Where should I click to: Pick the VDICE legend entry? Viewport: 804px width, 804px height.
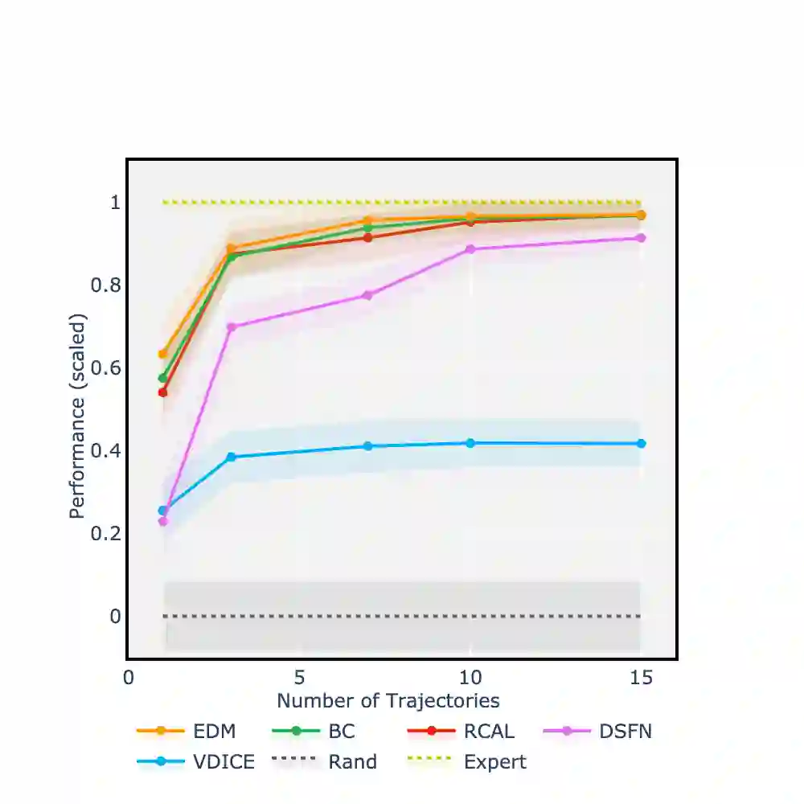pyautogui.click(x=197, y=761)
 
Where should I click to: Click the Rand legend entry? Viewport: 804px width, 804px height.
pyautogui.click(x=326, y=761)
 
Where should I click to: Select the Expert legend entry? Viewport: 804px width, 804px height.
pyautogui.click(x=469, y=761)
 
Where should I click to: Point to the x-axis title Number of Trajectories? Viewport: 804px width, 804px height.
pyautogui.click(x=388, y=700)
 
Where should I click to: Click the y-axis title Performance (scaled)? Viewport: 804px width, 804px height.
pyautogui.click(x=77, y=416)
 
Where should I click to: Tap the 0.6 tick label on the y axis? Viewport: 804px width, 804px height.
pyautogui.click(x=108, y=367)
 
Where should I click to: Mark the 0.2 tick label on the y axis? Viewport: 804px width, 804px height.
pyautogui.click(x=108, y=533)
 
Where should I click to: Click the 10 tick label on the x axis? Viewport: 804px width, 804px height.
pyautogui.click(x=470, y=678)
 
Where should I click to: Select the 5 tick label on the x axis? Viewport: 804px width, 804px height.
pyautogui.click(x=299, y=678)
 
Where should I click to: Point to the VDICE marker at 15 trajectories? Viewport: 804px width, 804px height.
pyautogui.click(x=641, y=444)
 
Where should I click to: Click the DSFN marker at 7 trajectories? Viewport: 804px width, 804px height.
pyautogui.click(x=367, y=295)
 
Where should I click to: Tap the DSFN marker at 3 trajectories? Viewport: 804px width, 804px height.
pyautogui.click(x=232, y=327)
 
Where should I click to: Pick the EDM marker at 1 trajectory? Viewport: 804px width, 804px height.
pyautogui.click(x=163, y=354)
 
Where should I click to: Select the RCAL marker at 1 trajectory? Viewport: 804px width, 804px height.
pyautogui.click(x=163, y=392)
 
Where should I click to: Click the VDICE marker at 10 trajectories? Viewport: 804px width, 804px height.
pyautogui.click(x=470, y=443)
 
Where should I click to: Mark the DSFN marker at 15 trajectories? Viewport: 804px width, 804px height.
pyautogui.click(x=641, y=238)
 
